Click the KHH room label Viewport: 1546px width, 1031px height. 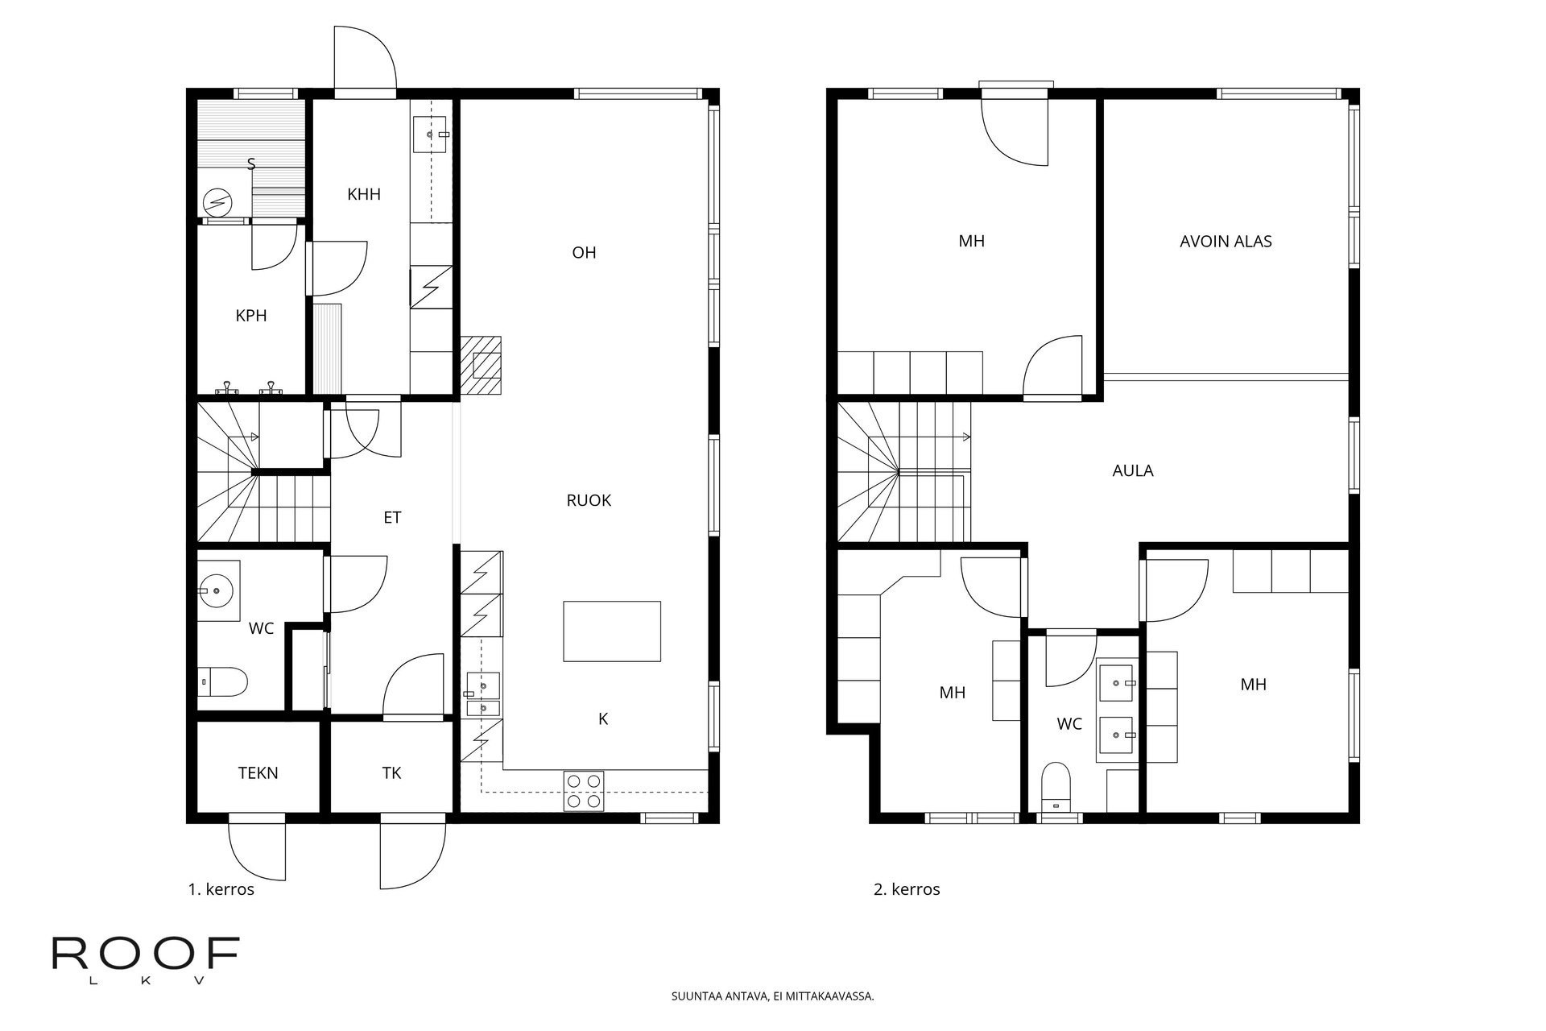tap(363, 194)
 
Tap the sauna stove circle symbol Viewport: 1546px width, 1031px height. tap(215, 201)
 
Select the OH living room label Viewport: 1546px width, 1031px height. tap(584, 253)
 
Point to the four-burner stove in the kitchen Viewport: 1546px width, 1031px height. tap(585, 790)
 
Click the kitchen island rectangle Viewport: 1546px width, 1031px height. tap(612, 631)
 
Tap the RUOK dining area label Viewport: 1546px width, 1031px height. tap(589, 500)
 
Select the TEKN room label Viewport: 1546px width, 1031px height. tap(258, 773)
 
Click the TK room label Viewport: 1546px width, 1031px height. tap(391, 773)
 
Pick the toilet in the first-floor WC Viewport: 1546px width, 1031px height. tap(221, 682)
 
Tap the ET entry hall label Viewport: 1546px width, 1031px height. tap(392, 518)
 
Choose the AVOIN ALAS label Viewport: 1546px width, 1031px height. tap(1226, 242)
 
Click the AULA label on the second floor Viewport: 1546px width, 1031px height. tap(1132, 470)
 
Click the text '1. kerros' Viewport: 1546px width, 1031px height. tap(221, 889)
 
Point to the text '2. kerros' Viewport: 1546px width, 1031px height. tap(907, 889)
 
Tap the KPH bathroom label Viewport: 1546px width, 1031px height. tap(251, 316)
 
